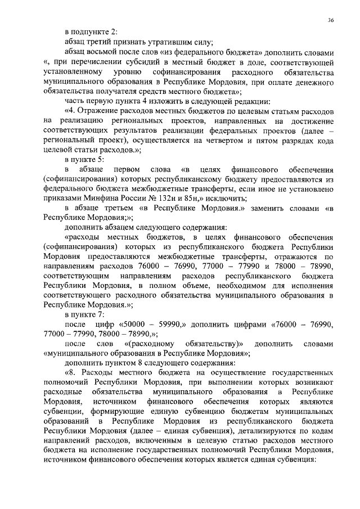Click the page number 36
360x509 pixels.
click(331, 20)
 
